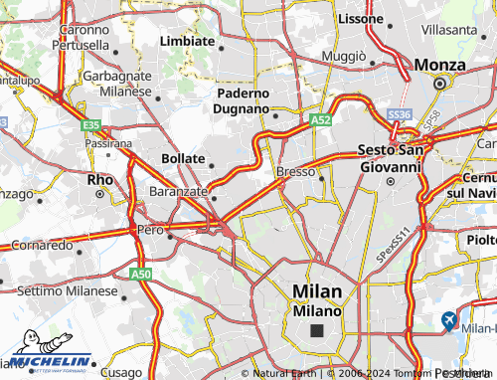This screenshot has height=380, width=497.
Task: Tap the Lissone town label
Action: pyautogui.click(x=360, y=18)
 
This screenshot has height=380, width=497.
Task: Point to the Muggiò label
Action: pyautogui.click(x=343, y=57)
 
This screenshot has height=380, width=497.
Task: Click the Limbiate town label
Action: pyautogui.click(x=187, y=41)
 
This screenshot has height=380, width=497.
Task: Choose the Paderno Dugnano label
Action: pyautogui.click(x=243, y=100)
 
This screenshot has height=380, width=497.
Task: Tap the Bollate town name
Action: pyautogui.click(x=183, y=158)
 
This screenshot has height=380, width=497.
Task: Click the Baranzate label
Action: pyautogui.click(x=177, y=190)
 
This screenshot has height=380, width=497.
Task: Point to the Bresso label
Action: pyautogui.click(x=295, y=172)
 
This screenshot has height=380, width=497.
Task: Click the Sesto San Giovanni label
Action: pyautogui.click(x=391, y=159)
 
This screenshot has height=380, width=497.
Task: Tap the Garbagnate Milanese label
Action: pyautogui.click(x=116, y=83)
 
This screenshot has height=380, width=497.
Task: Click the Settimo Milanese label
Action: pyautogui.click(x=62, y=289)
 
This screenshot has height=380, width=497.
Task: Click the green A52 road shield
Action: pyautogui.click(x=319, y=119)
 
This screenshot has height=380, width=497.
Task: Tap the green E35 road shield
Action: pyautogui.click(x=91, y=124)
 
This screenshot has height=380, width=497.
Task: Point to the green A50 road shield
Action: pyautogui.click(x=139, y=272)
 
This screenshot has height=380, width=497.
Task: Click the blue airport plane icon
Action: pyautogui.click(x=448, y=321)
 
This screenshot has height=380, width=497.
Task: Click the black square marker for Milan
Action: pyautogui.click(x=317, y=331)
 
